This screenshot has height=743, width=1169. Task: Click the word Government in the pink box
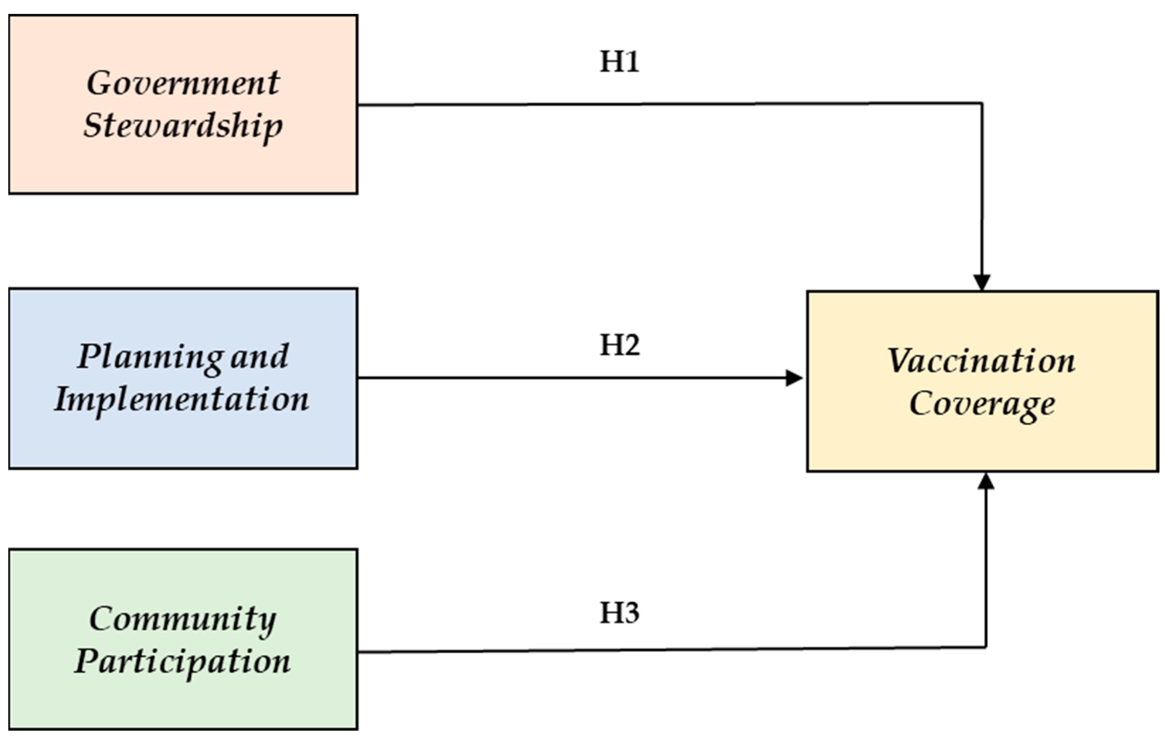183,83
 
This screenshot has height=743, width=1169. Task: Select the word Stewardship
183,125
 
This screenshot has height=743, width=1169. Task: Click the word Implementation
181,400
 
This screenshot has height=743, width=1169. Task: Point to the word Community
183,619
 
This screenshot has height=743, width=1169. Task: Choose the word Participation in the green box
183,662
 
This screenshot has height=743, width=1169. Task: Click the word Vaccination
981,361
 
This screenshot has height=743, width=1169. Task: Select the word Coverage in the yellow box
982,403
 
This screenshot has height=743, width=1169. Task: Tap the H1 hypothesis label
619,62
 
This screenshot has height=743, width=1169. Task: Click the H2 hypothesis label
619,345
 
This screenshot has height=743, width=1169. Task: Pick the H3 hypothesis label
619,613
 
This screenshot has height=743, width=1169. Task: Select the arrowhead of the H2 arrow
794,377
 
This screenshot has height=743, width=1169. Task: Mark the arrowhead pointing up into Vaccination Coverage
986,482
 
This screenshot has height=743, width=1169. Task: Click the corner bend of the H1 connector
982,103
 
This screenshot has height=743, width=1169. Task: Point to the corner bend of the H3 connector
986,647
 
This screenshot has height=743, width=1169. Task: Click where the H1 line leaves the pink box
359,105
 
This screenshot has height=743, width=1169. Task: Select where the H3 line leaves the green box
359,652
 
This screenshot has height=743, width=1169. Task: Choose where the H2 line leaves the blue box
359,377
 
